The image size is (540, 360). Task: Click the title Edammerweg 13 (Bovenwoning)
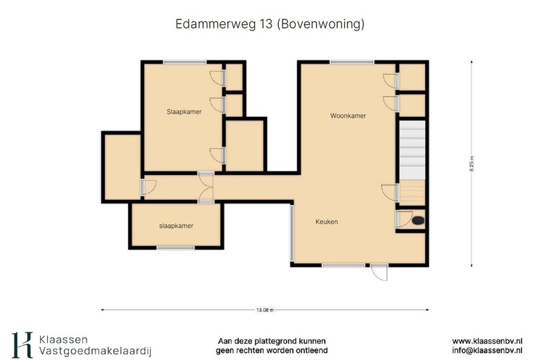pyautogui.click(x=270, y=24)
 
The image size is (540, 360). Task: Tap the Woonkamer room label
pyautogui.click(x=348, y=116)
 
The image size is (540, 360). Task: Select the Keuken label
pyautogui.click(x=327, y=222)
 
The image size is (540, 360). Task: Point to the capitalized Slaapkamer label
pyautogui.click(x=184, y=111)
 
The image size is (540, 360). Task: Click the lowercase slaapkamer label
pyautogui.click(x=176, y=226)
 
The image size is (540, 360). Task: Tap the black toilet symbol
pyautogui.click(x=417, y=221)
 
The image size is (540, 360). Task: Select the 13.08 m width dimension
pyautogui.click(x=264, y=310)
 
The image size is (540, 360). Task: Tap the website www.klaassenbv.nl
pyautogui.click(x=487, y=341)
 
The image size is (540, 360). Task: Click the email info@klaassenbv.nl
pyautogui.click(x=487, y=351)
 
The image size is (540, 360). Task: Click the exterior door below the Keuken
pyautogui.click(x=379, y=271)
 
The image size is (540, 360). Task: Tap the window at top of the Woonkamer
pyautogui.click(x=346, y=62)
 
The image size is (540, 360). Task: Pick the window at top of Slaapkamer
pyautogui.click(x=184, y=62)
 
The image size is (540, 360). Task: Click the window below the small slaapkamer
pyautogui.click(x=175, y=248)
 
